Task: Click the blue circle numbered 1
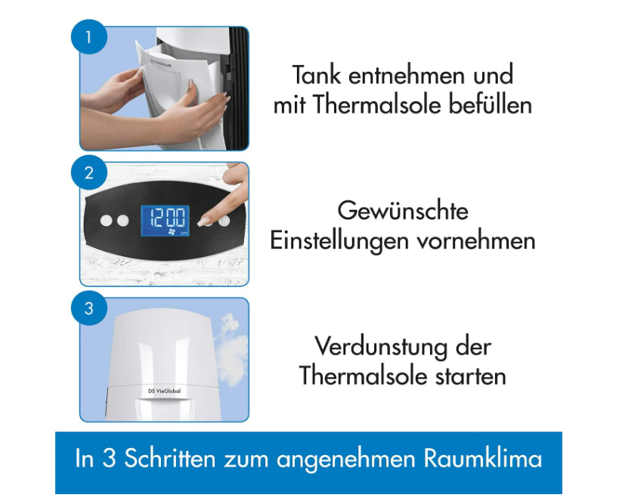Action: [x=89, y=37]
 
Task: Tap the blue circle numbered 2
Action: [x=89, y=173]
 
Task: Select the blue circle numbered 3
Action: [x=89, y=308]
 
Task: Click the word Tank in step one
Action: [x=316, y=75]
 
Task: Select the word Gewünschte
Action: [x=403, y=211]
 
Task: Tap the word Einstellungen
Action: [x=339, y=241]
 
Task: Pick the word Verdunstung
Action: [x=381, y=347]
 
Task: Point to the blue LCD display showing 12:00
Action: [x=165, y=221]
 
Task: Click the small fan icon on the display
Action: [x=172, y=232]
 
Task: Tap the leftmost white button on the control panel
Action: [x=107, y=220]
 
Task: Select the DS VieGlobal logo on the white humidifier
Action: [x=165, y=391]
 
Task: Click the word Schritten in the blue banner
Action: [x=170, y=459]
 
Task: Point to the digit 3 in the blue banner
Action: [x=109, y=459]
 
